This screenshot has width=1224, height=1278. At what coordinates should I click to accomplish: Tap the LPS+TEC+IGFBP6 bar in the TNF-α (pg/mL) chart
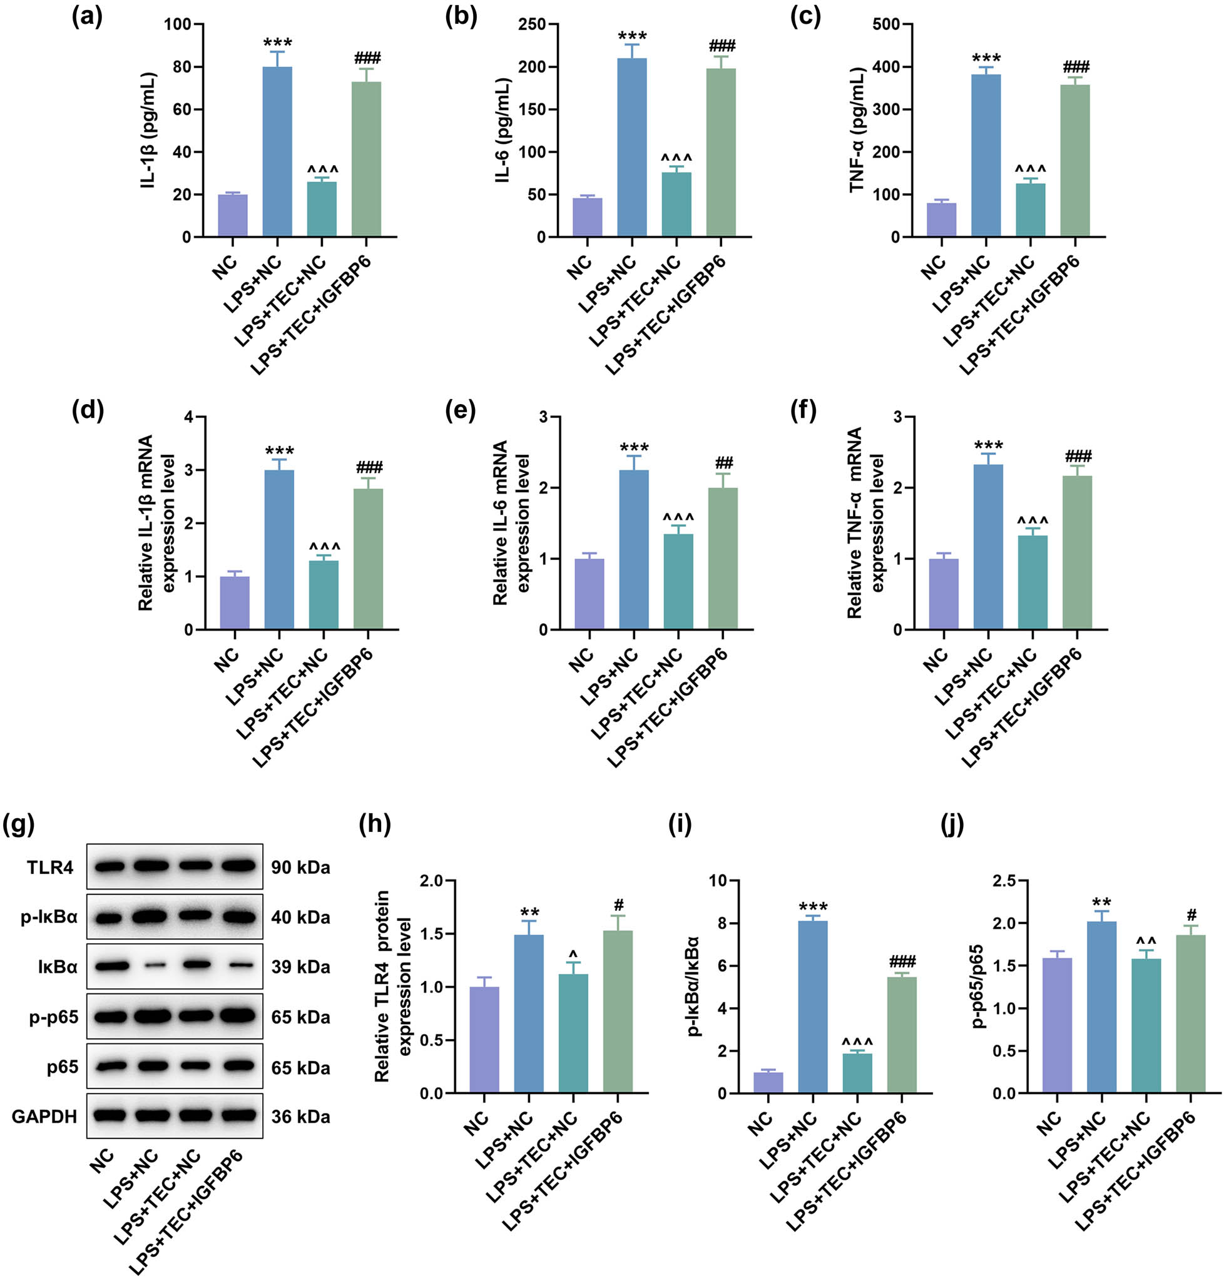pyautogui.click(x=1074, y=160)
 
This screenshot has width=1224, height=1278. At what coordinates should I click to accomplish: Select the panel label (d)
pyautogui.click(x=88, y=412)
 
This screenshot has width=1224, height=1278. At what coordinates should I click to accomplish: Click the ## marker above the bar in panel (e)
pyautogui.click(x=724, y=464)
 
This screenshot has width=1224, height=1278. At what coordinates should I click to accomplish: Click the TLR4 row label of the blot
pyautogui.click(x=50, y=868)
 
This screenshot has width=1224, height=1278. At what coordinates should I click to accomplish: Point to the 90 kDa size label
pyautogui.click(x=300, y=868)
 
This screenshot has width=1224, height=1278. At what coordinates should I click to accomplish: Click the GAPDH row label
pyautogui.click(x=44, y=1117)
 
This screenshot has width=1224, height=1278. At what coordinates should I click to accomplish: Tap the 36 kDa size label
pyautogui.click(x=300, y=1117)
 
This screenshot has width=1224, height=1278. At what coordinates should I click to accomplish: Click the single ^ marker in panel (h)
pyautogui.click(x=573, y=955)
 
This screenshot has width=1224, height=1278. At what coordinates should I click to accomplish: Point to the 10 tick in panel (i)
pyautogui.click(x=717, y=881)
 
